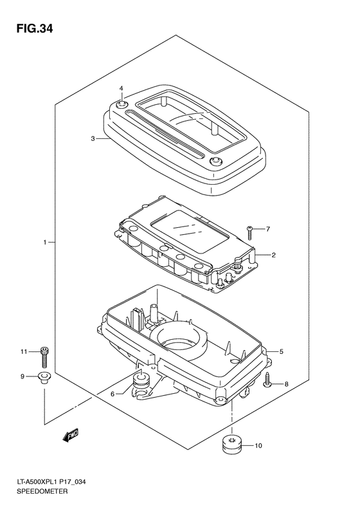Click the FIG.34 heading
coord(34,29)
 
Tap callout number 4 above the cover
coord(122,88)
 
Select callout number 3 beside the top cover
coord(93,139)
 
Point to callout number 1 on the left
coord(46,242)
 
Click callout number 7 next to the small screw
coord(268,229)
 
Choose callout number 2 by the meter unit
coord(273,255)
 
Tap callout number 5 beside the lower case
coord(281,351)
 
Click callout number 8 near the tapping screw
coord(286,384)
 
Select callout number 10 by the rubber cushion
coord(258,446)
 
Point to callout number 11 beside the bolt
coord(23,351)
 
